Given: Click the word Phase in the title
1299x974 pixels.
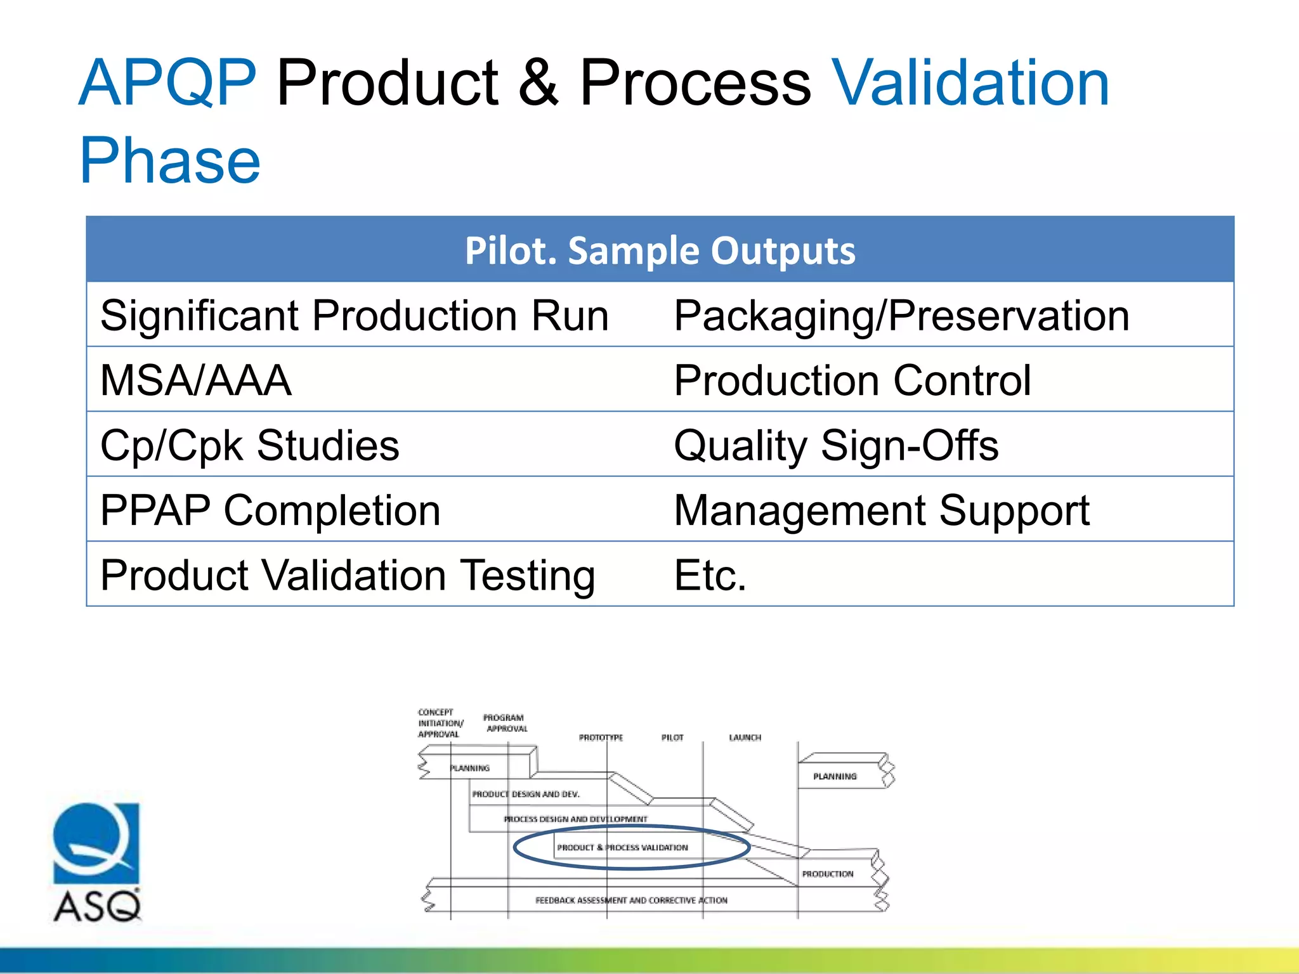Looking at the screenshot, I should [x=170, y=161].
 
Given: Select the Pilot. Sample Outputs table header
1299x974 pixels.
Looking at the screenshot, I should [x=660, y=250].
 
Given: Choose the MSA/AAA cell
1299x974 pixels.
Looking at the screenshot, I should [x=196, y=380].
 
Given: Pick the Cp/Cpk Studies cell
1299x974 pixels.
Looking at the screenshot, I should [x=250, y=445].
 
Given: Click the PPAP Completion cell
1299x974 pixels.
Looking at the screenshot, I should [x=270, y=510].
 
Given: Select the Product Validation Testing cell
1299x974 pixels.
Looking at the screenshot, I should [x=348, y=575].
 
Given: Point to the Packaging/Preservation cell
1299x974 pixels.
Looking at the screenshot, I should [x=901, y=315].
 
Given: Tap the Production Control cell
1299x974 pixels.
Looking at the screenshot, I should [x=852, y=380].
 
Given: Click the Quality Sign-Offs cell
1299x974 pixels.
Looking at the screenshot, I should [x=836, y=445].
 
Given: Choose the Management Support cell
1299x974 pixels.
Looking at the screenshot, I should [x=881, y=510].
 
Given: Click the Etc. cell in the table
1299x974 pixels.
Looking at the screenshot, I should [x=710, y=575].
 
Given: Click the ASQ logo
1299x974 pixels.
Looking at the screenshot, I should [x=97, y=862].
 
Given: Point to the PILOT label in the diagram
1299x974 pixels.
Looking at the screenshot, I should [x=672, y=737].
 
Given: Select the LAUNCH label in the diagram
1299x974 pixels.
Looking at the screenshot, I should [x=745, y=737].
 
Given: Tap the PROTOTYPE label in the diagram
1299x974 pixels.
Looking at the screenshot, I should [x=601, y=737].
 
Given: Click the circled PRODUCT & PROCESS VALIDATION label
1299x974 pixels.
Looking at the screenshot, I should [x=622, y=847].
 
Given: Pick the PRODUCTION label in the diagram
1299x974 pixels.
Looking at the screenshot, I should [x=827, y=874].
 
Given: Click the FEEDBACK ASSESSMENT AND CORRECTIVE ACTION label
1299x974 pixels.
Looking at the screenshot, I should [x=631, y=900].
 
